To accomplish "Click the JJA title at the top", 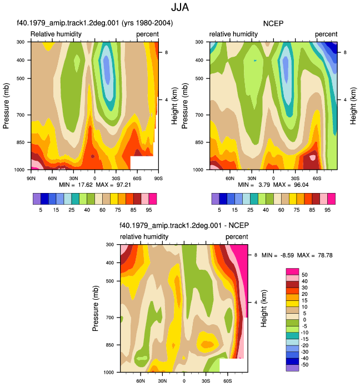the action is coord(180,7).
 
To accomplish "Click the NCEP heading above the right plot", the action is coord(273,23).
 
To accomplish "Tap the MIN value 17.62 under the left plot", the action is coord(86,185).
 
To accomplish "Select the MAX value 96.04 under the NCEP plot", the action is coord(301,185).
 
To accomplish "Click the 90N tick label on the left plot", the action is coord(31,178).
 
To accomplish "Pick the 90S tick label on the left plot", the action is coord(158,178).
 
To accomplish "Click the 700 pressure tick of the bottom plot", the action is coord(110,318).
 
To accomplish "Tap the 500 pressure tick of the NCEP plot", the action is coord(199,78).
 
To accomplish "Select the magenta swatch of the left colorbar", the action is coord(153,199).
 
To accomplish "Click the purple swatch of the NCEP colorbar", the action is coord(216,199).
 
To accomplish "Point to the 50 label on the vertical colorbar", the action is coord(304,275).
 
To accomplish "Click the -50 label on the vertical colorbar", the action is coord(304,364).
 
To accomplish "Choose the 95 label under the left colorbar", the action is coord(149,210).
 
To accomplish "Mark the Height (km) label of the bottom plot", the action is coord(263,308).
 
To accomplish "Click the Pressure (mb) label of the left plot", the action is coord(6,106).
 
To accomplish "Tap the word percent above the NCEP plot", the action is coord(326,34).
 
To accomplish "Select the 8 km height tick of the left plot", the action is coord(167,52).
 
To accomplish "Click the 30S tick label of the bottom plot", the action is coord(206,381).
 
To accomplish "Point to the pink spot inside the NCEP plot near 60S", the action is coord(312,157).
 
